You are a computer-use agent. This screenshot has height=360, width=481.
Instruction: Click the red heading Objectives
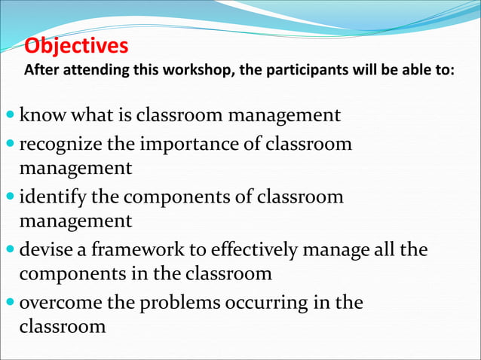[76, 47]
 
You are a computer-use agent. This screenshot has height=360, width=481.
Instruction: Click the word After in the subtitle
[41, 72]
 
